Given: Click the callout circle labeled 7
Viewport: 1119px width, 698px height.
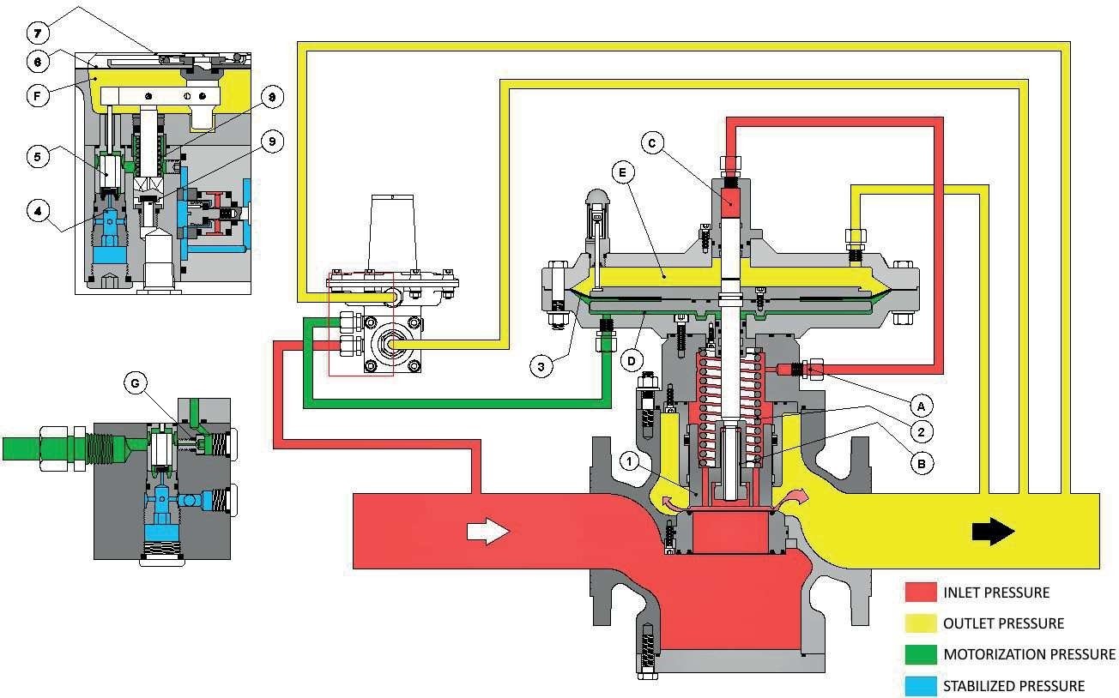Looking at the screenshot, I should [39, 34].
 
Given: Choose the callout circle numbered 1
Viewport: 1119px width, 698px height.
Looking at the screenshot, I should [631, 462].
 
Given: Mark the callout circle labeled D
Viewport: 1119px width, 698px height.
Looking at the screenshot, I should [633, 361].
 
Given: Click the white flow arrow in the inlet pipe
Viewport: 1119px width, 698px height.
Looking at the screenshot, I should [487, 532].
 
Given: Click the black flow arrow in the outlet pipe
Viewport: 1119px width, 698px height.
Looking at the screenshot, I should [993, 532].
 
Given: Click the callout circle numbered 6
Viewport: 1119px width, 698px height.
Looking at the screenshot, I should [39, 63].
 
